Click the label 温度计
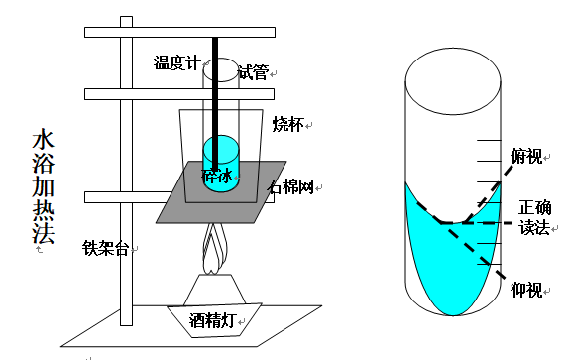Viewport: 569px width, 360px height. click(x=176, y=64)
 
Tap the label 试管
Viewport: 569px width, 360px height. click(x=253, y=72)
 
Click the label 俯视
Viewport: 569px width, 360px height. click(x=525, y=156)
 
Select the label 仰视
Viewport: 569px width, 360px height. click(x=525, y=290)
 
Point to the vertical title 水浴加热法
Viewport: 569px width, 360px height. click(x=44, y=187)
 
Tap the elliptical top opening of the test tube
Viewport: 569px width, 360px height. click(x=221, y=69)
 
